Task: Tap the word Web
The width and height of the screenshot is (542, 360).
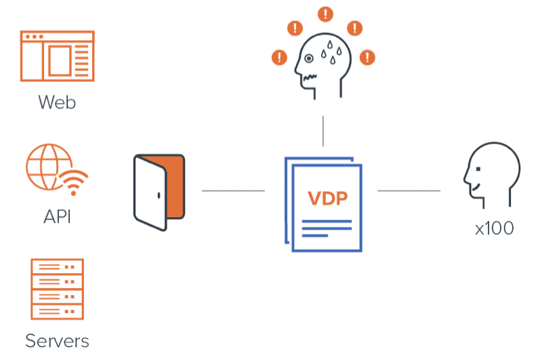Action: (57, 102)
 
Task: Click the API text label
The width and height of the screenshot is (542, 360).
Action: (57, 218)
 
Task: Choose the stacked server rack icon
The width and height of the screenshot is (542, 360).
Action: (57, 289)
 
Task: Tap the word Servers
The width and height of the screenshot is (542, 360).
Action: (57, 339)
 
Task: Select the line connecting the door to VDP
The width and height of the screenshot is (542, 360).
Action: (233, 192)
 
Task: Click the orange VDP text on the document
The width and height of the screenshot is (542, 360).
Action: (327, 199)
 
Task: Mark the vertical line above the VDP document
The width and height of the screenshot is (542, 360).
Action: (322, 131)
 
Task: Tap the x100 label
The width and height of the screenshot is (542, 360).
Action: (494, 228)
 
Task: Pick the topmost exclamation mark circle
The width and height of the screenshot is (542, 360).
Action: (327, 13)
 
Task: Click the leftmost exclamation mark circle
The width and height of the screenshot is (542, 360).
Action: (278, 57)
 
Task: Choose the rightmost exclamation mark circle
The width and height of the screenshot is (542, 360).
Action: (367, 57)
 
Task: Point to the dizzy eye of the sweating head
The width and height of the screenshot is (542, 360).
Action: (309, 59)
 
